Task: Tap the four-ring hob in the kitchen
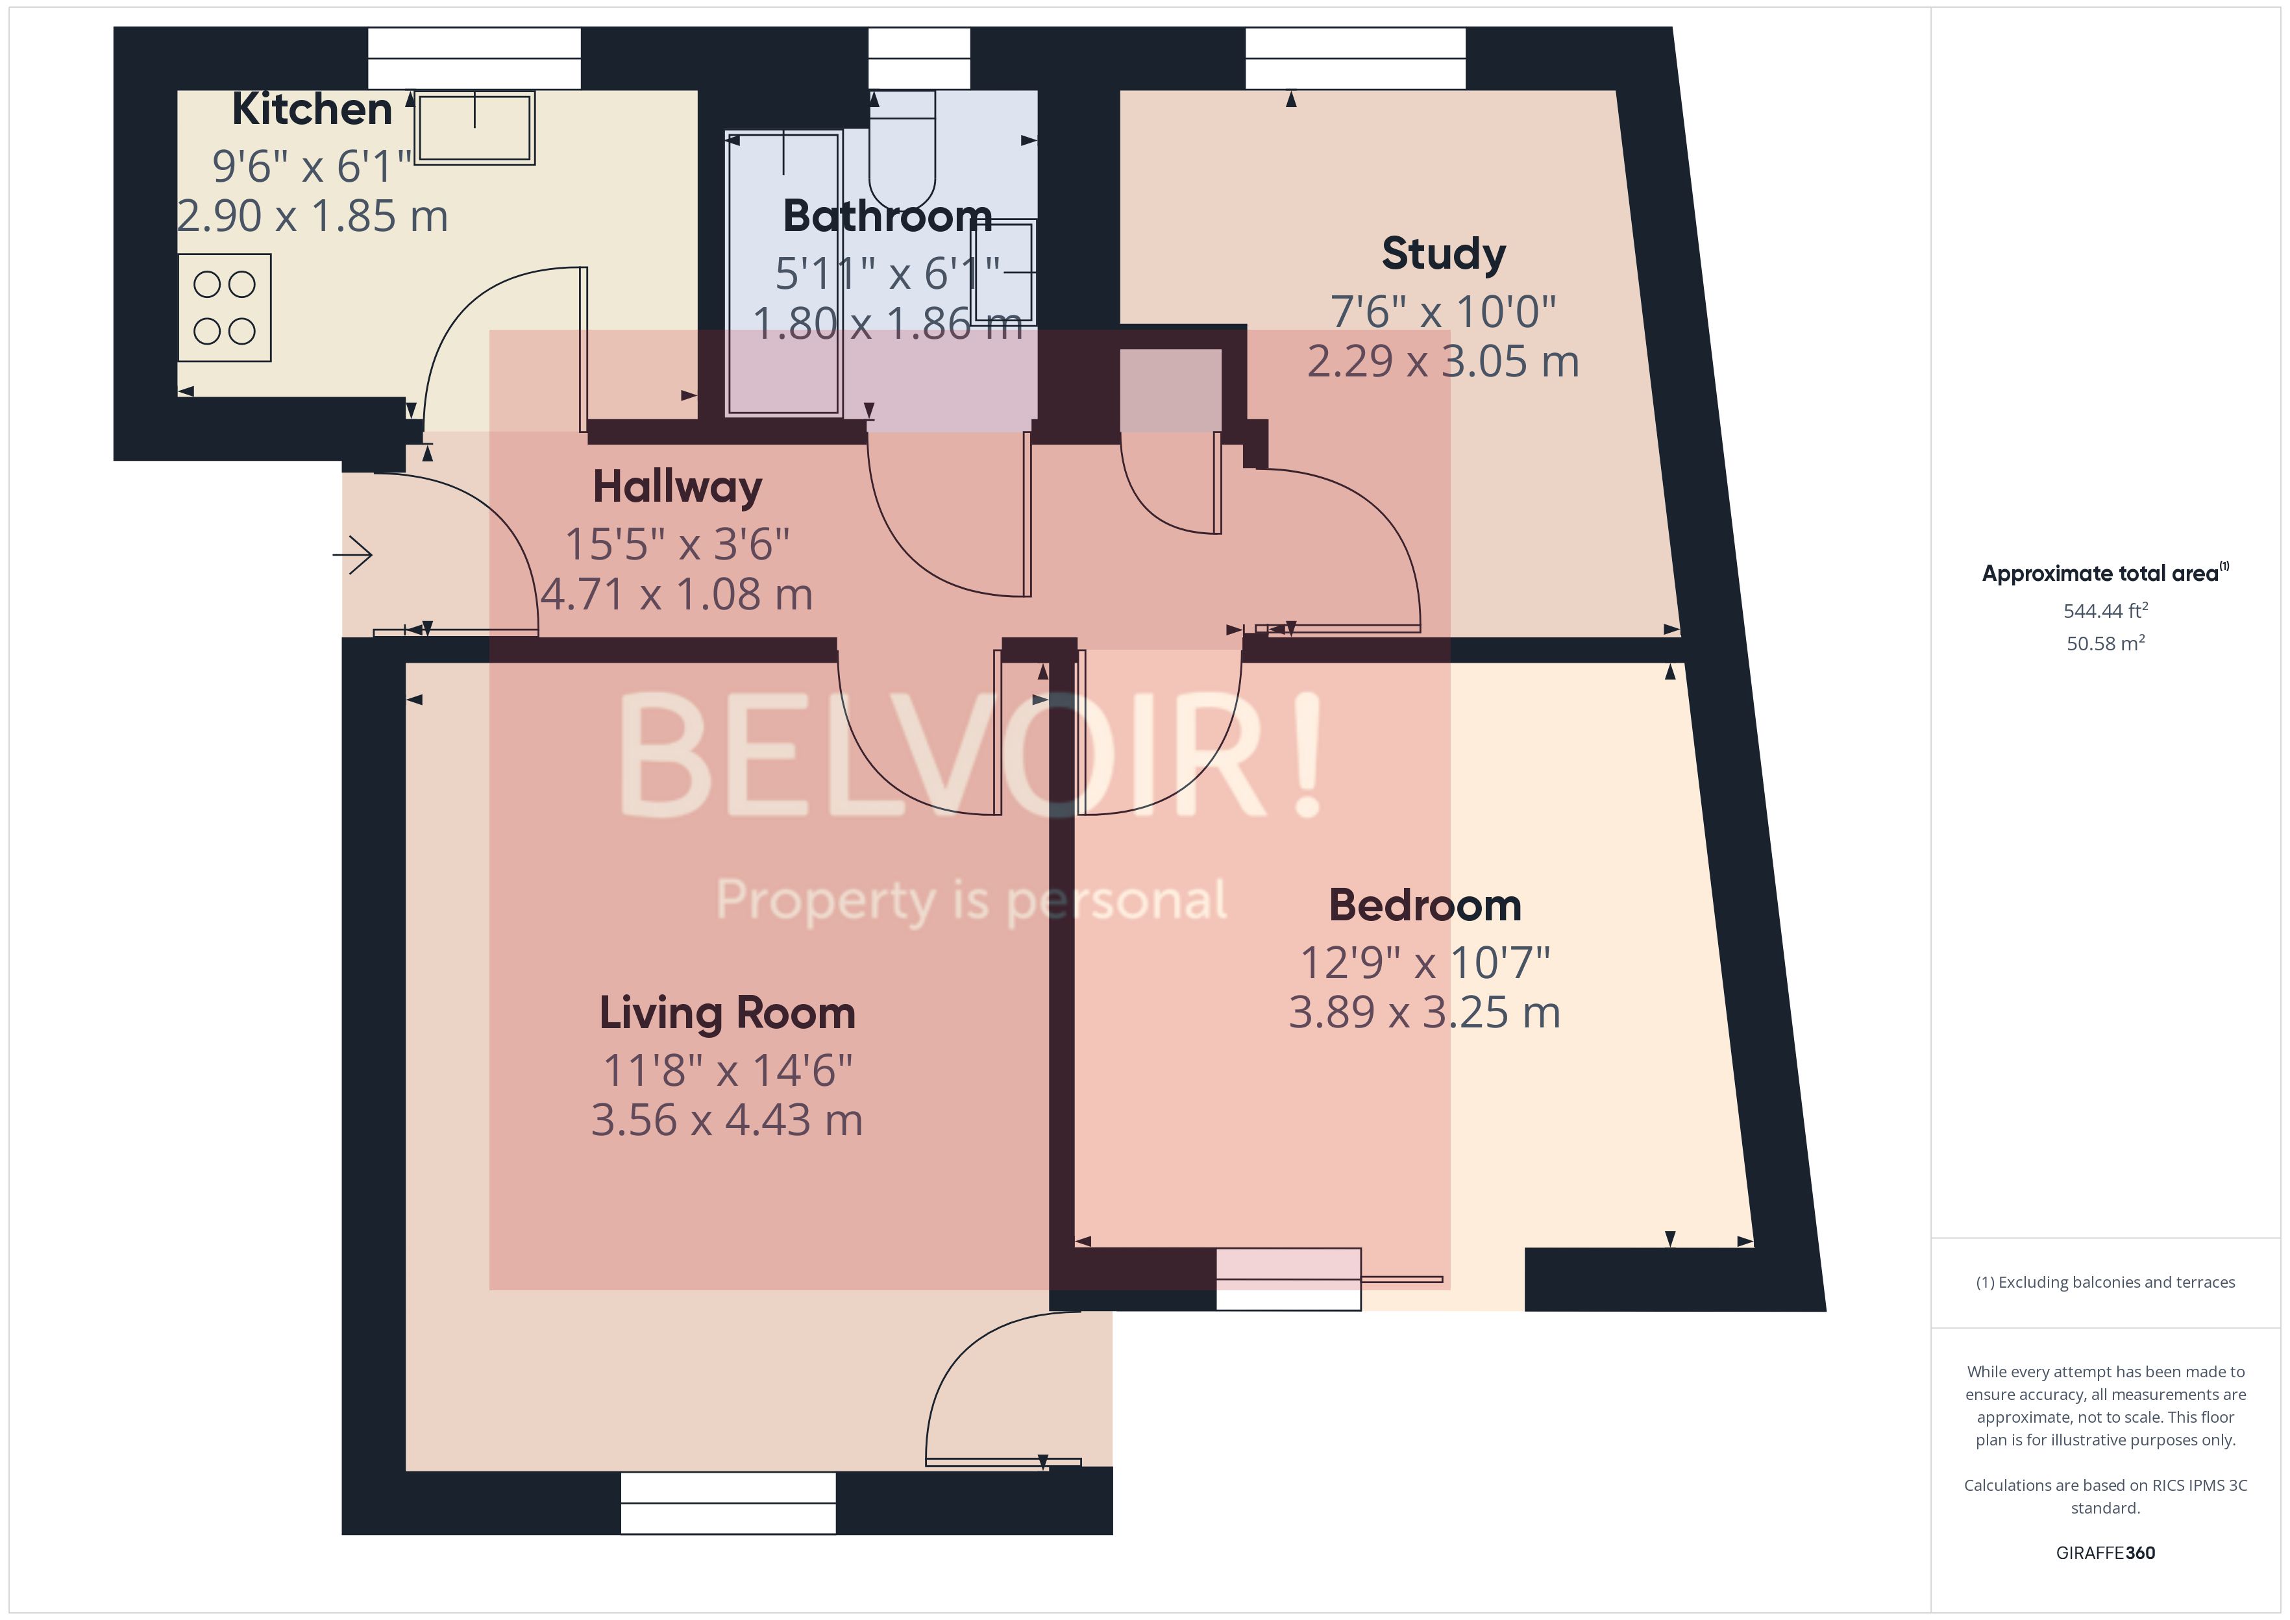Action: [x=225, y=307]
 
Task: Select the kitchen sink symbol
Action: [x=474, y=128]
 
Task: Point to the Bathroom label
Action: [x=887, y=217]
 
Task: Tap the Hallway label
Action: [x=677, y=487]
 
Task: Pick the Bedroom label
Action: [x=1424, y=906]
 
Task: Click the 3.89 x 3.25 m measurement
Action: [x=1423, y=1012]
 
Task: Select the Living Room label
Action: [x=727, y=1014]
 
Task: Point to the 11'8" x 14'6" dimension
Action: [x=727, y=1070]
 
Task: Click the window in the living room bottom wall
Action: [x=728, y=1503]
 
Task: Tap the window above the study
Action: [x=1355, y=58]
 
